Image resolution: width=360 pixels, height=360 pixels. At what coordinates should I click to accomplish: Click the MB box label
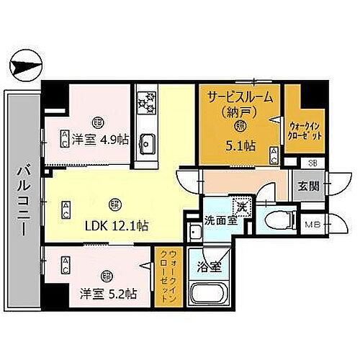(x=310, y=225)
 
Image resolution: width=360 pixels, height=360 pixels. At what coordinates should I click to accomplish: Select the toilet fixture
(x=277, y=219)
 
